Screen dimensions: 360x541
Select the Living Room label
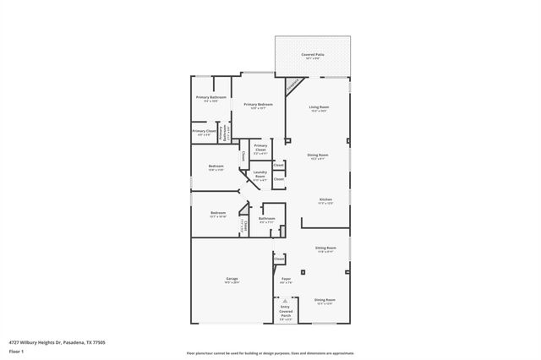tap(318, 108)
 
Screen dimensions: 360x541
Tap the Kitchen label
tap(325, 201)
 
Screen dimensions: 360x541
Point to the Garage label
tap(231, 280)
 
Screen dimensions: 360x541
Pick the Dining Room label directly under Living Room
tap(318, 156)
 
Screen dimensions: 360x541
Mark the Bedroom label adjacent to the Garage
tap(217, 214)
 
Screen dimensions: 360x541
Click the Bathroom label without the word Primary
tap(267, 220)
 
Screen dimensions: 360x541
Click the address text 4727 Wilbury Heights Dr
tap(56, 342)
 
